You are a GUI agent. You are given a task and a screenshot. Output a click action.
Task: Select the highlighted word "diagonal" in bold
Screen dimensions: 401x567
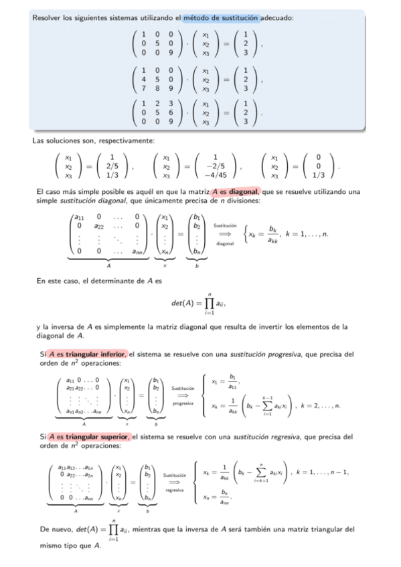(x=242, y=192)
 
